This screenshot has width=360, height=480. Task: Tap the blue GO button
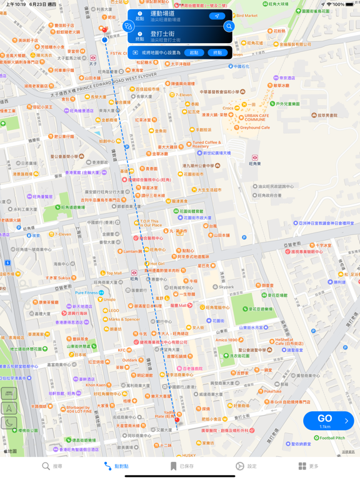(328, 421)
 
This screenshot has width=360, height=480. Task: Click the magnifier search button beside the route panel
(229, 26)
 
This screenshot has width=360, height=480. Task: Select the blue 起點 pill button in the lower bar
(194, 52)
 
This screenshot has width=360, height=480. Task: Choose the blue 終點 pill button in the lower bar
(217, 52)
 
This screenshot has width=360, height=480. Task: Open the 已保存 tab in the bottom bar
(182, 466)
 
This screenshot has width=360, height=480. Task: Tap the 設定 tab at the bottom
(246, 466)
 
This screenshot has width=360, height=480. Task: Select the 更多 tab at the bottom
(308, 466)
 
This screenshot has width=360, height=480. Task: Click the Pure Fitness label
(91, 292)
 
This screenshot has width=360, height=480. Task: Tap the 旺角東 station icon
(254, 158)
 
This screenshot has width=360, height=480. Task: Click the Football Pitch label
(331, 438)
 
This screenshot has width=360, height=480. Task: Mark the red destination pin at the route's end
(177, 422)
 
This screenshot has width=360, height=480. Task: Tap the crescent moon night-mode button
(9, 422)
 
